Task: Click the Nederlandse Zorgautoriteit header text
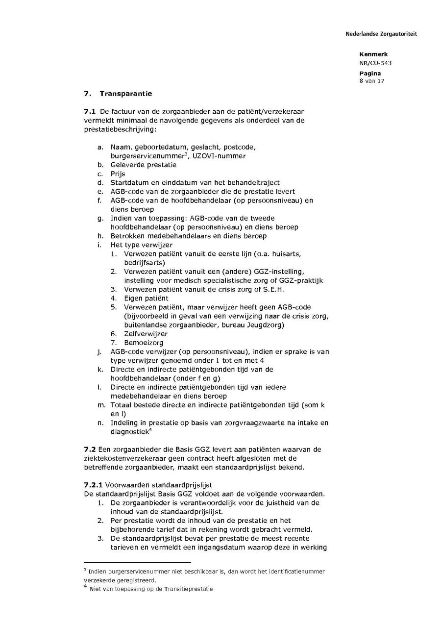[381, 34]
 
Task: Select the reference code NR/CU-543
[375, 63]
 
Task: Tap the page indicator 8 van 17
[372, 81]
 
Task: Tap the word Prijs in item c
[118, 174]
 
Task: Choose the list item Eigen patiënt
[146, 298]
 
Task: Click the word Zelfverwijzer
[146, 333]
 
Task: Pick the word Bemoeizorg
[144, 342]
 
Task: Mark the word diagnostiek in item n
[129, 431]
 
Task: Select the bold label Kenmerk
[373, 54]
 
